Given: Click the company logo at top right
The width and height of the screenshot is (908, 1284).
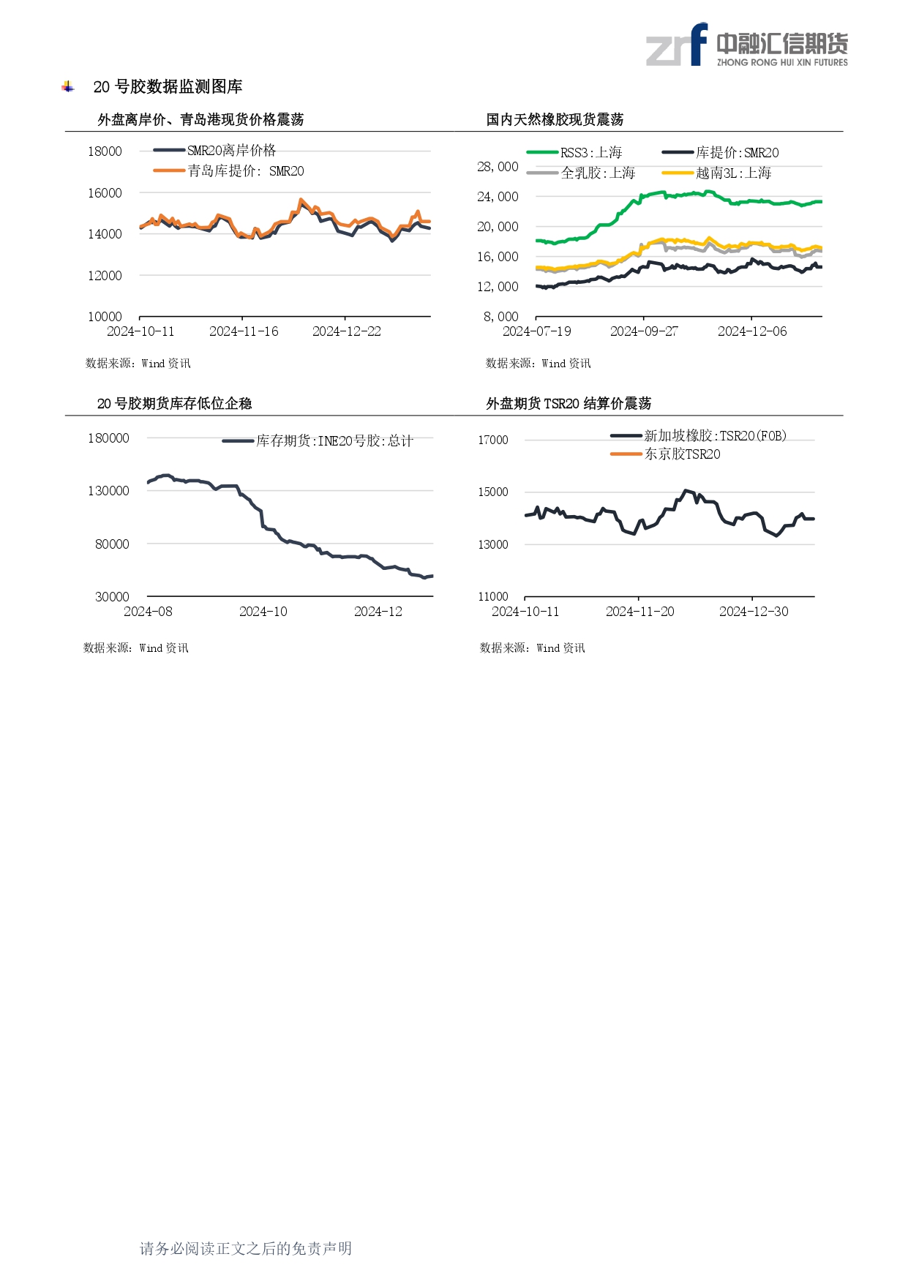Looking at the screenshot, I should coord(746,45).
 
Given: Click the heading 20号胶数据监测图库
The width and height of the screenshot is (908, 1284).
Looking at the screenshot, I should coord(168,87).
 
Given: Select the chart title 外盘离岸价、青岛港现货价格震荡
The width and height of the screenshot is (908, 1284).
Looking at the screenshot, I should coord(200,119).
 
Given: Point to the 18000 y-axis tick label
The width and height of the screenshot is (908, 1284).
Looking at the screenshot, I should coord(105,151).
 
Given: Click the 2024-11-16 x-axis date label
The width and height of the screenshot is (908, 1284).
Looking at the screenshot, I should coord(244,331).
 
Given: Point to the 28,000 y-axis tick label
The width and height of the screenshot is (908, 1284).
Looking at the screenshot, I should coord(498,167).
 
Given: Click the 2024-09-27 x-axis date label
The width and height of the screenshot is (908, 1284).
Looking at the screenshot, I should coord(644,331).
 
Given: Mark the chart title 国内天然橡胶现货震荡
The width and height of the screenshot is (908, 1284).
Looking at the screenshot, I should coord(555,119).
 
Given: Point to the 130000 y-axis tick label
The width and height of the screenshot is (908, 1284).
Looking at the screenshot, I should coord(108,491).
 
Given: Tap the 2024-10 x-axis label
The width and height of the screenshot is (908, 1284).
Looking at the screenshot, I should coord(263,612).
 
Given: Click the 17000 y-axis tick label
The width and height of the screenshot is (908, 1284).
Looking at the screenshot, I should coord(492,440).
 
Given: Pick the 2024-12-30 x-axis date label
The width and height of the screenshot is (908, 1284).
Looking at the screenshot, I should coord(754,612).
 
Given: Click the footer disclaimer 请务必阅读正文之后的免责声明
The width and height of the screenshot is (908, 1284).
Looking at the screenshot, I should coord(246,1248).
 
